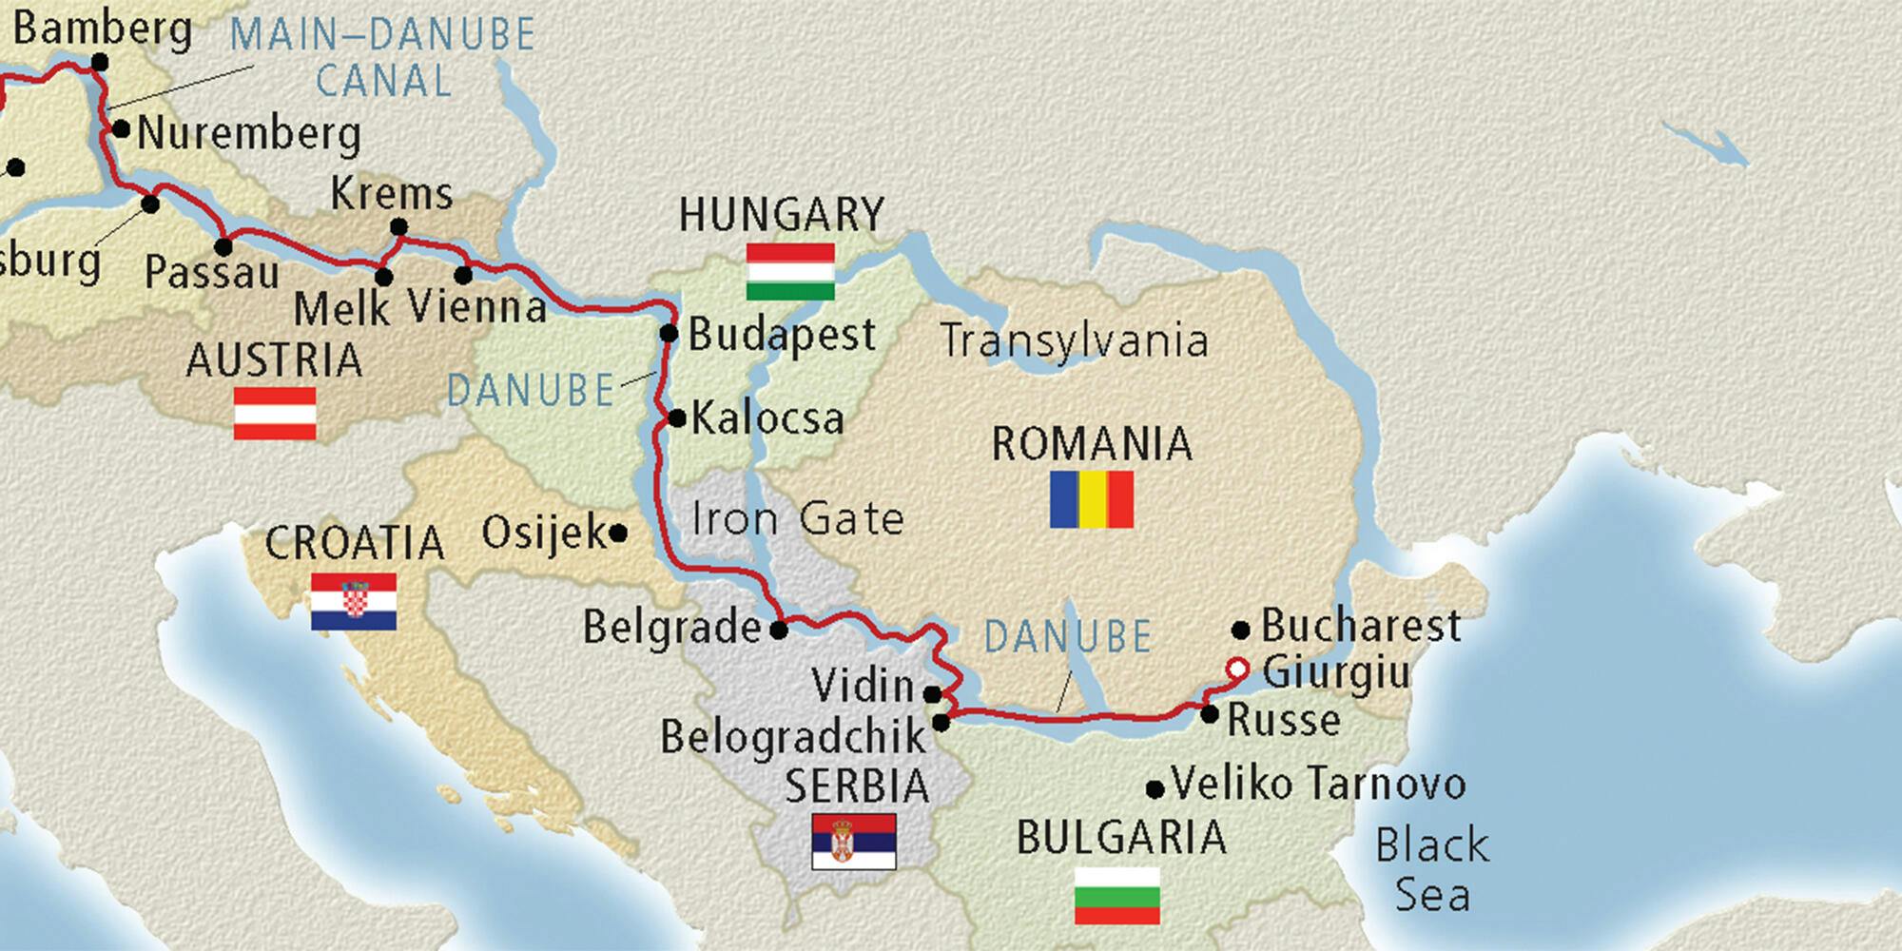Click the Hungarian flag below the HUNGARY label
coord(790,272)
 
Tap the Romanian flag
coord(1091,499)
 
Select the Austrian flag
coord(275,414)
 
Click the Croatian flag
coord(353,602)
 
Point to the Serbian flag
coord(853,842)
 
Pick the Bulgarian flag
coord(1117,896)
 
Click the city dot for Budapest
coord(669,334)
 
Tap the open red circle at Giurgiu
coord(1236,670)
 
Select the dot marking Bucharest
coord(1240,630)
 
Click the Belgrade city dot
coord(779,630)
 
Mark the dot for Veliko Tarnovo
coord(1155,789)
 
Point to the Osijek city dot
coord(617,534)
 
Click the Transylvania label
coord(1074,340)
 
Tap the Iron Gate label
coord(797,519)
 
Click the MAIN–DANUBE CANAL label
coord(383,59)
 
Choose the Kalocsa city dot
coord(677,418)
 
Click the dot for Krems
coord(399,227)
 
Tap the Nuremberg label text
coord(249,133)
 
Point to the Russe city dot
coord(1209,714)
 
